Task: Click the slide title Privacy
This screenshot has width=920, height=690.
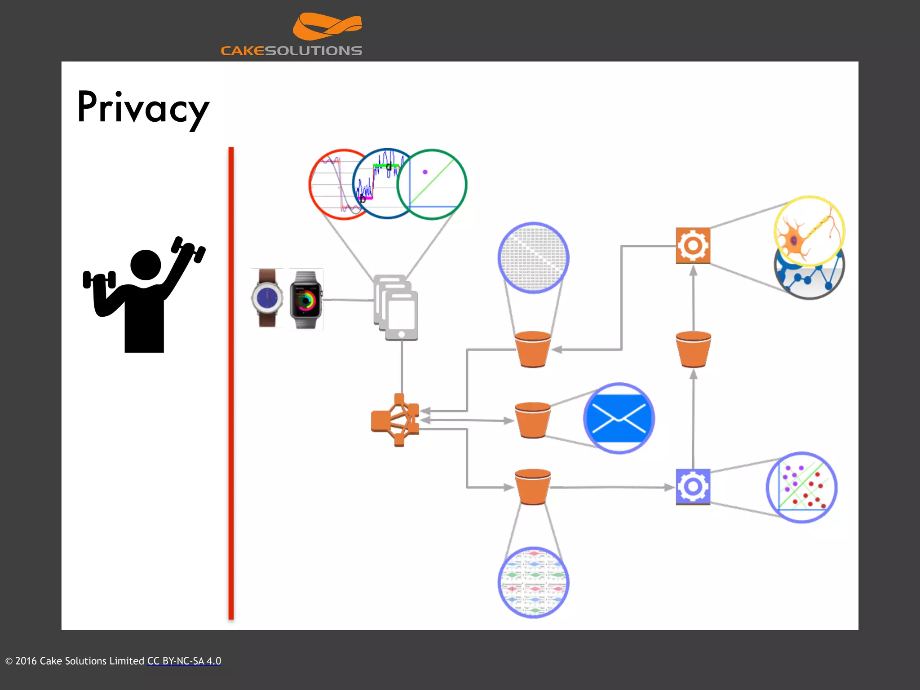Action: tap(143, 108)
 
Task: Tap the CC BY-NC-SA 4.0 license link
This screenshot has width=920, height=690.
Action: tap(184, 661)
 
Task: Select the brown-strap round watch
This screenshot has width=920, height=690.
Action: tap(267, 298)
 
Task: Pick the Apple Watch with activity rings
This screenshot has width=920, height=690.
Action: tap(306, 300)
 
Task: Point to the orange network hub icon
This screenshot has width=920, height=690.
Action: tap(395, 420)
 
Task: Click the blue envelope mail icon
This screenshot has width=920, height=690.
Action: tap(619, 418)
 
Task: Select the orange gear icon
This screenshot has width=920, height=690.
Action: tap(693, 246)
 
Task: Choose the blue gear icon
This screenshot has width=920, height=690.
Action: tap(693, 487)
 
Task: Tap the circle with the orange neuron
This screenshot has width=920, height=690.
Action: tap(809, 231)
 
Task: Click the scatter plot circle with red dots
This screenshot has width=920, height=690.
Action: tap(801, 487)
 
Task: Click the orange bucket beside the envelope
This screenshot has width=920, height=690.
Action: tap(533, 420)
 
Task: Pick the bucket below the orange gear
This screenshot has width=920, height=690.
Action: tap(693, 349)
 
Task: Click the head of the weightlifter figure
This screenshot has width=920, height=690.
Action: tap(146, 265)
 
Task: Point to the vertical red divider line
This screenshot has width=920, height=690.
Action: tap(231, 382)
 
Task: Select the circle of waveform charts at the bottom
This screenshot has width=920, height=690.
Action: tap(533, 582)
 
